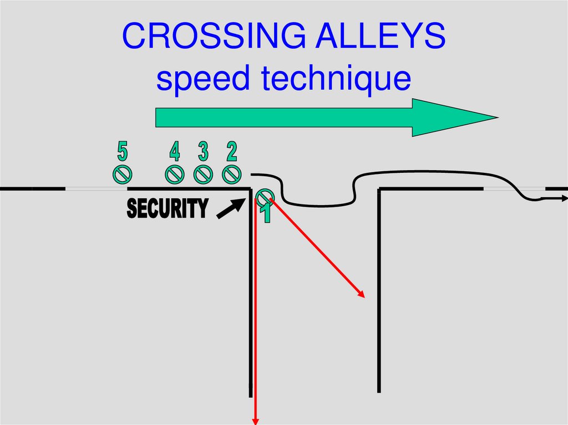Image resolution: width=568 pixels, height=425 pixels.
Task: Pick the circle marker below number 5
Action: tap(123, 174)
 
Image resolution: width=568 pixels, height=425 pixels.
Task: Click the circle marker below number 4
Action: tap(175, 174)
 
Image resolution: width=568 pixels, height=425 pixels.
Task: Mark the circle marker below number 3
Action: tap(203, 174)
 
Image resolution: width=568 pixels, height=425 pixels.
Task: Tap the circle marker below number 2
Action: tap(231, 174)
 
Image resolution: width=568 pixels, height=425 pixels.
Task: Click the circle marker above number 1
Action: tap(265, 196)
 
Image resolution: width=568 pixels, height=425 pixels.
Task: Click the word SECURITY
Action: tap(168, 209)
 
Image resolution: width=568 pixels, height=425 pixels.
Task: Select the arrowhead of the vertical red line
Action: tap(256, 420)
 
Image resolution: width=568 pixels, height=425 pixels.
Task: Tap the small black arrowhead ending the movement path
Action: tap(564, 198)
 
